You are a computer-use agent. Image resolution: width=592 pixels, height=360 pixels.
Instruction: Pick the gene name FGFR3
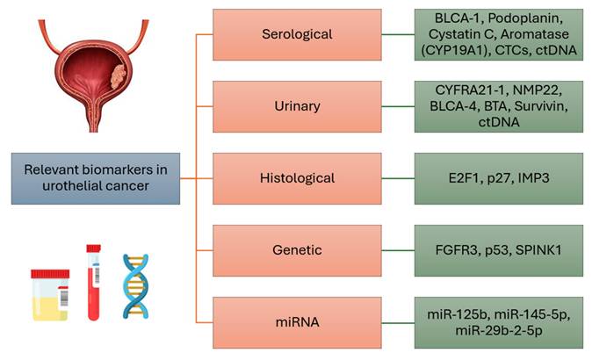point(455,250)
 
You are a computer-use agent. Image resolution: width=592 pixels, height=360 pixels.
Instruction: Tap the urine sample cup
point(50,296)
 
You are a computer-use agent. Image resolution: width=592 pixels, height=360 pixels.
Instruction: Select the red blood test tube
point(93,281)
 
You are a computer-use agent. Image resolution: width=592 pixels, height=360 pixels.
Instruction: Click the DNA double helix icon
point(136,285)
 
